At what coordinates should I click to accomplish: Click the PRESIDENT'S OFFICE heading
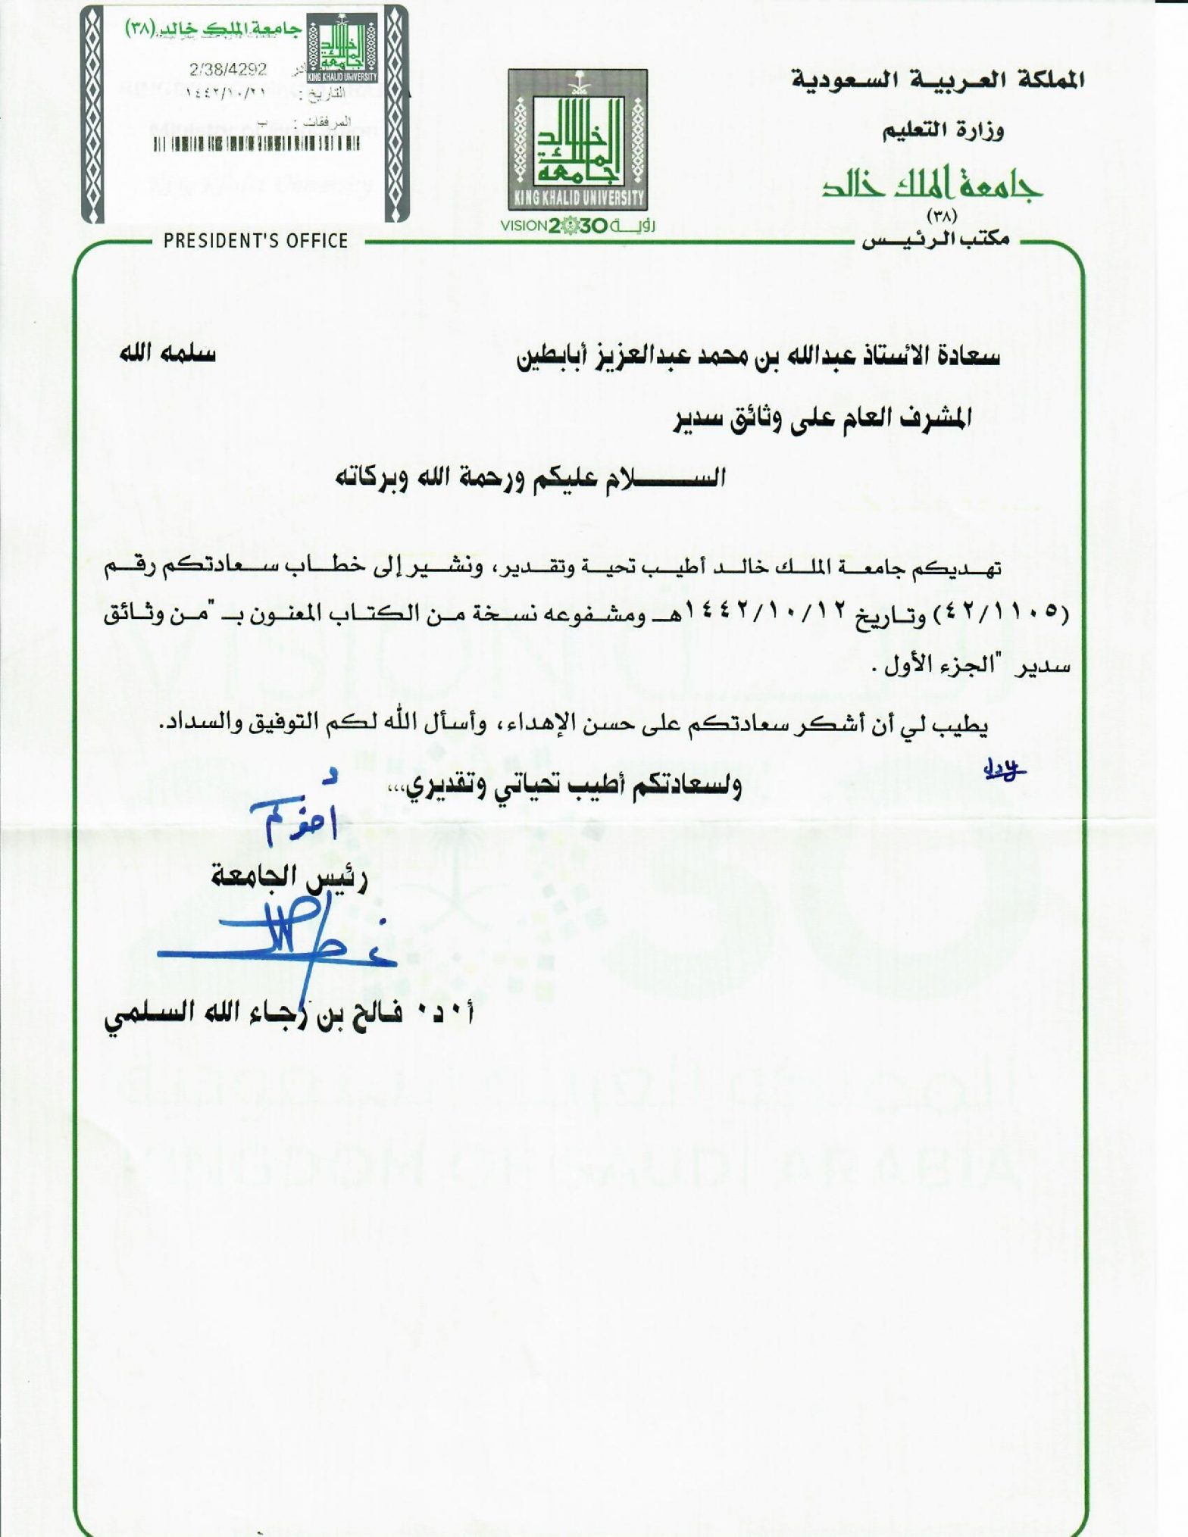256,241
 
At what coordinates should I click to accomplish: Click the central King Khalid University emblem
577,140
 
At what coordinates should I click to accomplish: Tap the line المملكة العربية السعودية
937,80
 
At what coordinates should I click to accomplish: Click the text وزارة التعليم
943,131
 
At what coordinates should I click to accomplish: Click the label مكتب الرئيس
937,240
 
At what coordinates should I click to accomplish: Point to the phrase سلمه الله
167,354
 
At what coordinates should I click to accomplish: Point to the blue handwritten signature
277,936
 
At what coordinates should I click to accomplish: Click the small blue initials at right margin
1003,770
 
